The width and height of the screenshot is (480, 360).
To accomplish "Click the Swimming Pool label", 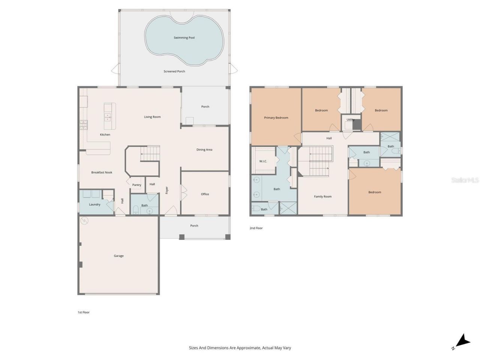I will pyautogui.click(x=184, y=37).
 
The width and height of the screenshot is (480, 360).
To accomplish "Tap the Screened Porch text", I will pyautogui.click(x=174, y=71).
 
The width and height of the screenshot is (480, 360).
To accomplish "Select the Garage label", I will pyautogui.click(x=119, y=256).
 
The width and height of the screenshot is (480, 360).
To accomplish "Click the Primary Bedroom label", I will pyautogui.click(x=276, y=118).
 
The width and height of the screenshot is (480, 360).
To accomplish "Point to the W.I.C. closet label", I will pyautogui.click(x=263, y=161).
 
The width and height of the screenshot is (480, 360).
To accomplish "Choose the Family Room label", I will pyautogui.click(x=322, y=196).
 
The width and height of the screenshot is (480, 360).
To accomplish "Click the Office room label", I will pyautogui.click(x=205, y=194).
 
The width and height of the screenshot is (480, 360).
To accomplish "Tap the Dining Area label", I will pyautogui.click(x=204, y=150).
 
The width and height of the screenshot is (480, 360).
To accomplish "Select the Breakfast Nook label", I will pyautogui.click(x=102, y=172).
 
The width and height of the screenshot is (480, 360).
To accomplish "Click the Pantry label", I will pyautogui.click(x=137, y=185).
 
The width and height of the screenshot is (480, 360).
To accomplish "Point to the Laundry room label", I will pyautogui.click(x=94, y=204).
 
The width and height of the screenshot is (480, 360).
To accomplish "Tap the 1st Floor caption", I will pyautogui.click(x=84, y=312).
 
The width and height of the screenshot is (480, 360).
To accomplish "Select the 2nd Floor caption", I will pyautogui.click(x=256, y=228).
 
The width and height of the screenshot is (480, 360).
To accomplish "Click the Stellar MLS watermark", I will pyautogui.click(x=465, y=180).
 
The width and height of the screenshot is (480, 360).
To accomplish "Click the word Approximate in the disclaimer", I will pyautogui.click(x=245, y=348).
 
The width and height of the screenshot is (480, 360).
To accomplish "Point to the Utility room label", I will pyautogui.click(x=350, y=120).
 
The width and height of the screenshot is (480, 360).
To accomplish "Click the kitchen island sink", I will pyautogui.click(x=108, y=117).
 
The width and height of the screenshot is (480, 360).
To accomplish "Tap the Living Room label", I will pyautogui.click(x=152, y=117).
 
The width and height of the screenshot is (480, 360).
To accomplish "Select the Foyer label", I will pyautogui.click(x=167, y=190).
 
